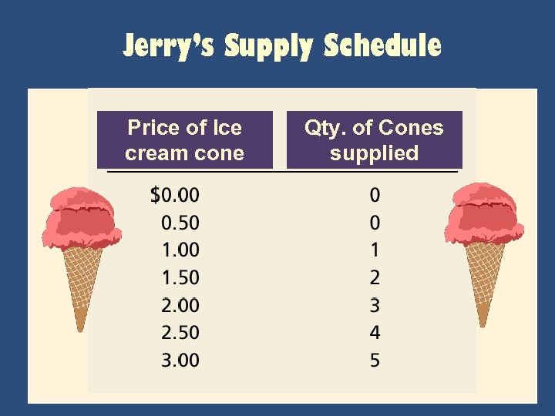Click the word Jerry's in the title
click(170, 46)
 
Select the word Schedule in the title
click(382, 46)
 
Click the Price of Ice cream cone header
click(184, 140)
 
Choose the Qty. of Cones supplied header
click(374, 140)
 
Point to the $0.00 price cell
click(174, 195)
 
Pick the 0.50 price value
click(180, 223)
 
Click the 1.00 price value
click(180, 250)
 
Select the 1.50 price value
click(180, 277)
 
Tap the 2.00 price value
click(180, 305)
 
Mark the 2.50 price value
click(180, 333)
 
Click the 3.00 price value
click(180, 360)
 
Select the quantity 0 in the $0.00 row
click(375, 195)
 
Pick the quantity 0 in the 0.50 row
click(375, 223)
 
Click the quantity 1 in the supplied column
click(375, 250)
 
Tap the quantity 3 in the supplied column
click(375, 305)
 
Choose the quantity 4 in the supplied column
click(375, 333)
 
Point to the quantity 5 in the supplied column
click(375, 360)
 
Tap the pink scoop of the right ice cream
click(483, 216)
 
